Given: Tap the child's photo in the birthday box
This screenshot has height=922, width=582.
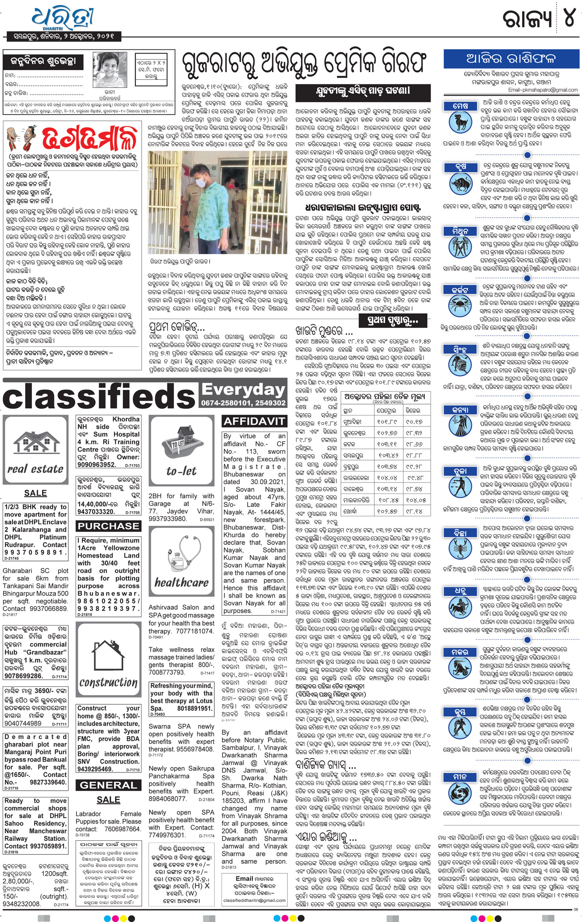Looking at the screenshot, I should tap(110, 71).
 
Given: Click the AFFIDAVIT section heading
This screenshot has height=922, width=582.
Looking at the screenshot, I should tap(254, 421).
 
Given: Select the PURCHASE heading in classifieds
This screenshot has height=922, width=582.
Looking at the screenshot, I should tap(108, 526).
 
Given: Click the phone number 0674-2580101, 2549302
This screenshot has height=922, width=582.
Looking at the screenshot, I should tap(243, 403).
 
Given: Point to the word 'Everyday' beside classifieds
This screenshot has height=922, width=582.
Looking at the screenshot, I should tap(243, 389).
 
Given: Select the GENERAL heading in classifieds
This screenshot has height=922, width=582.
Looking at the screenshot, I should tap(108, 785).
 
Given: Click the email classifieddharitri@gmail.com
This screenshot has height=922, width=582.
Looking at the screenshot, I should tap(254, 900).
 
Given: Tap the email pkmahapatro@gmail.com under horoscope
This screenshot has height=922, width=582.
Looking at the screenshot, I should tap(543, 90).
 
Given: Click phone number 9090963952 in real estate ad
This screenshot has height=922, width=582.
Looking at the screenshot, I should tap(97, 465).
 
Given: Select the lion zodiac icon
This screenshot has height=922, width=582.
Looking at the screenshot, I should tap(460, 366).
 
